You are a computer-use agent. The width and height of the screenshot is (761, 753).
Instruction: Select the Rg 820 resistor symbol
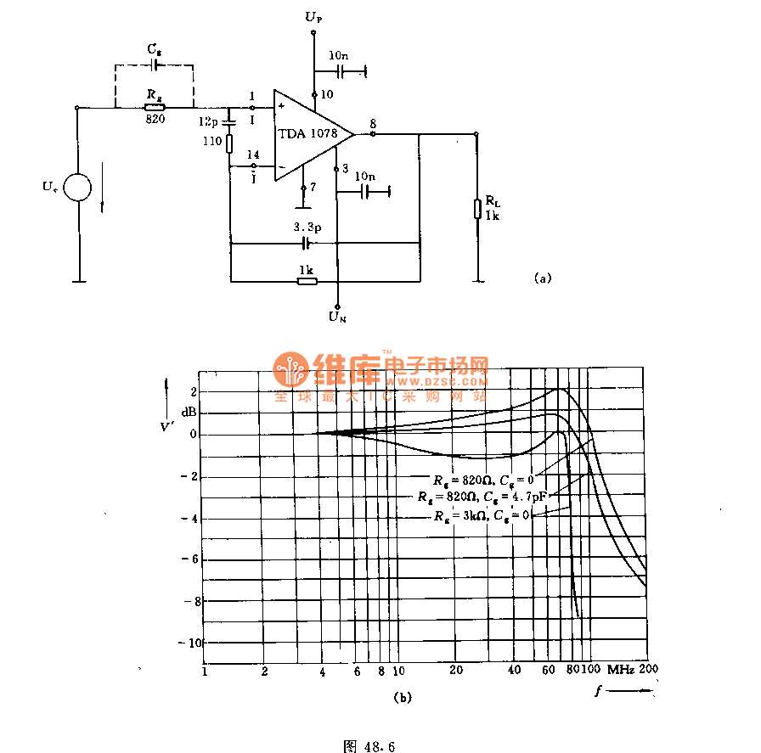[x=154, y=108]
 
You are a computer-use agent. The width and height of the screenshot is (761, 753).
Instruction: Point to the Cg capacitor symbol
[x=154, y=65]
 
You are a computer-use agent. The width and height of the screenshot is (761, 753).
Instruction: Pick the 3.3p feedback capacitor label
[x=307, y=228]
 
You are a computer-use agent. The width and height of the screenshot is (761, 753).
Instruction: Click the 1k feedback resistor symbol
[x=307, y=279]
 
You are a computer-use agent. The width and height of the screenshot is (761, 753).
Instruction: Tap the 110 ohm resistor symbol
[x=229, y=142]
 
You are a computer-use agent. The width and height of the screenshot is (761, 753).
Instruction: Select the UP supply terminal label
[x=313, y=17]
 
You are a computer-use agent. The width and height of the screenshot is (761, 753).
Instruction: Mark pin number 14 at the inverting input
[x=252, y=155]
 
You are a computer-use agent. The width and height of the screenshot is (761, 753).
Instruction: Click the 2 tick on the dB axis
[x=193, y=391]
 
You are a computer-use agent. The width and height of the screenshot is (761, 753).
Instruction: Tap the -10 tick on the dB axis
[x=188, y=643]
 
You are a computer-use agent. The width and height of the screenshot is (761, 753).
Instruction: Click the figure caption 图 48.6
[x=369, y=746]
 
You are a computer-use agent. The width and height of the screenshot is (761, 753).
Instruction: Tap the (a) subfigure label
[x=543, y=278]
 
